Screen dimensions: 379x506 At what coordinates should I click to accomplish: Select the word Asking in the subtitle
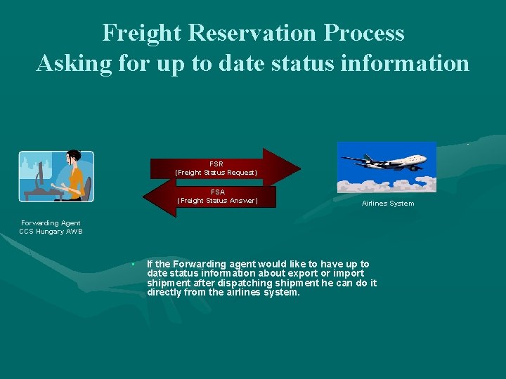click(x=71, y=63)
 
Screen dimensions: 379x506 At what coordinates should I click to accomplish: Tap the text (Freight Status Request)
click(x=216, y=173)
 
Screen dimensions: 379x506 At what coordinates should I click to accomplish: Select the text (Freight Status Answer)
click(x=217, y=201)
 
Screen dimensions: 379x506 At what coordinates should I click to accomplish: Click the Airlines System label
click(x=388, y=204)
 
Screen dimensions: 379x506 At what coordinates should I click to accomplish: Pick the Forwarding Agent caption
click(x=51, y=223)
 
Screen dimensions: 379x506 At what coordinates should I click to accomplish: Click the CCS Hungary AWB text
click(x=51, y=232)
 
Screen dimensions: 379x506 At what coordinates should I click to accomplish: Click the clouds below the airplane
click(x=387, y=184)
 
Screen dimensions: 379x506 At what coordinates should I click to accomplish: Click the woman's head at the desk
click(x=72, y=158)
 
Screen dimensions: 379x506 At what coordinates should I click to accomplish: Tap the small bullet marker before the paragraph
click(x=132, y=265)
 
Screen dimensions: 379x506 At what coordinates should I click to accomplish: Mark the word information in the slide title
click(x=411, y=63)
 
